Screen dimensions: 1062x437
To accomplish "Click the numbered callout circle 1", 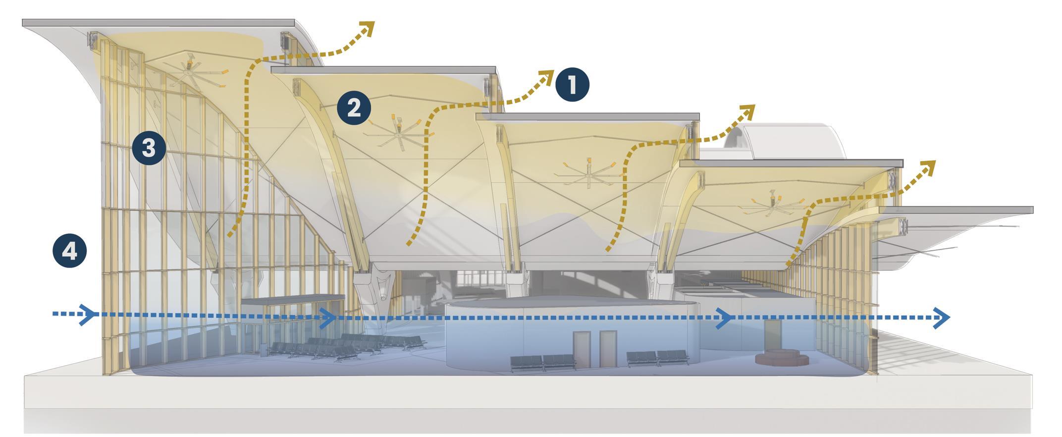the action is point(572,85).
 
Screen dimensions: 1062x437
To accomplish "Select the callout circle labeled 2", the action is point(354,108).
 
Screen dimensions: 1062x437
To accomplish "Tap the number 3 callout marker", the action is point(149,148).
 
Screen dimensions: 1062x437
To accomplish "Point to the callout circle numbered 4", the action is point(70,251).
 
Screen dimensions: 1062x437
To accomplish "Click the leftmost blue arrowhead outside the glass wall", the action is point(88,314).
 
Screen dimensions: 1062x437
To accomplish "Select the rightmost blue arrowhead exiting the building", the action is point(941,317).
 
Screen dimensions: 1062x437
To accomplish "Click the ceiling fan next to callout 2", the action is point(397,131).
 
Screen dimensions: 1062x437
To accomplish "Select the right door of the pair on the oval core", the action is point(608,349).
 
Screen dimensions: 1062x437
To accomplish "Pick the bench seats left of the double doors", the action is point(543,361).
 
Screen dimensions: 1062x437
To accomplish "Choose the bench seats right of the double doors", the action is point(658,358).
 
